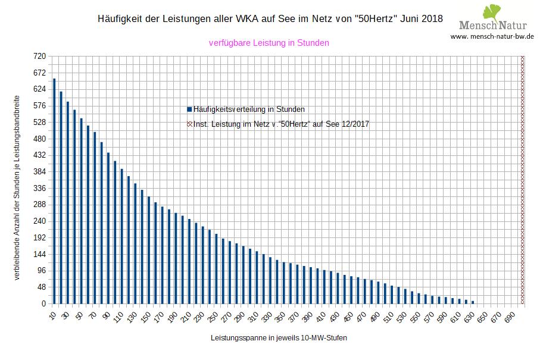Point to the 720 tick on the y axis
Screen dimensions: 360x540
tap(39, 56)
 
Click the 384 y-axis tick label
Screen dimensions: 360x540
tap(39, 171)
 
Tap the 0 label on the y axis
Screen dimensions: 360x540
tap(43, 303)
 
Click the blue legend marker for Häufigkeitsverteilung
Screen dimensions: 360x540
tap(189, 109)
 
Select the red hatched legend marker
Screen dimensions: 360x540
tap(189, 124)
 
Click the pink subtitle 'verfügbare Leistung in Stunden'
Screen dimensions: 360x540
tap(269, 43)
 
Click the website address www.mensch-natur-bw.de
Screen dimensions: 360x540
tap(492, 36)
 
